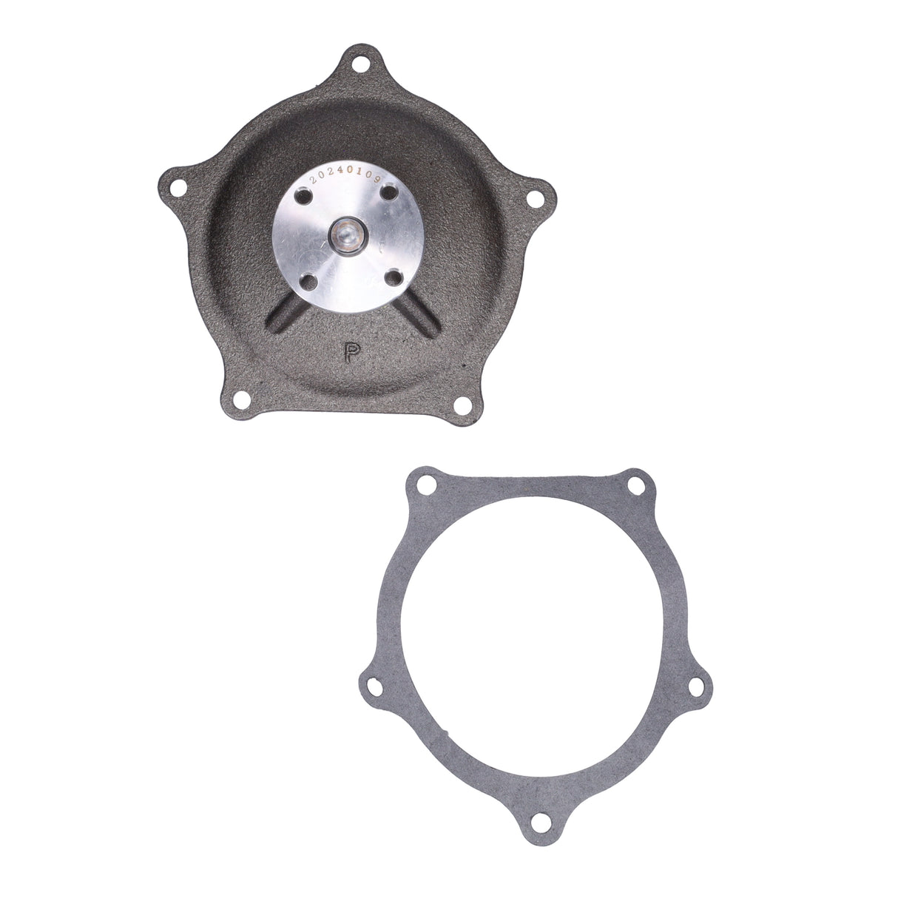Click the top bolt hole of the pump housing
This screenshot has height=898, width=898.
click(x=359, y=65)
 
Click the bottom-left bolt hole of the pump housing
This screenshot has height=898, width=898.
click(x=240, y=400)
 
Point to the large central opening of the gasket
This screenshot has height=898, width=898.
click(x=533, y=644)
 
